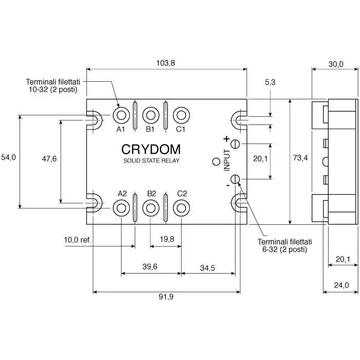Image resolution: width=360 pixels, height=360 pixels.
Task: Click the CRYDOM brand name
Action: pyautogui.click(x=151, y=149)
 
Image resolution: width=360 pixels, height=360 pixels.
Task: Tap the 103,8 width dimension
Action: pyautogui.click(x=166, y=63)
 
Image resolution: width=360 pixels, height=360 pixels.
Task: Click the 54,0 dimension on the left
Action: pyautogui.click(x=9, y=158)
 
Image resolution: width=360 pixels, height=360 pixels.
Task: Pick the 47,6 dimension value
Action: pyautogui.click(x=49, y=158)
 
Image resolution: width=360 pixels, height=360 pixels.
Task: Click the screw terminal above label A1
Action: pyautogui.click(x=121, y=114)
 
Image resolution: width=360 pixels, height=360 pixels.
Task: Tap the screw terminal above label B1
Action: pyautogui.click(x=151, y=114)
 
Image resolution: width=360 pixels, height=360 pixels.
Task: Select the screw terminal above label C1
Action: pyautogui.click(x=181, y=114)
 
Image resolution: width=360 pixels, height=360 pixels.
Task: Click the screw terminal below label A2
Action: pyautogui.click(x=121, y=207)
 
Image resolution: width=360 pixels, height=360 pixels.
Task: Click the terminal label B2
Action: pyautogui.click(x=151, y=193)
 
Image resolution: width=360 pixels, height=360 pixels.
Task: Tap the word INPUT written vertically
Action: pyautogui.click(x=226, y=160)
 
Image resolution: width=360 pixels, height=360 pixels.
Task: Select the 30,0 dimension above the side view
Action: pyautogui.click(x=335, y=64)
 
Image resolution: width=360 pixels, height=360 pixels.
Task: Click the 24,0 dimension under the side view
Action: pyautogui.click(x=341, y=285)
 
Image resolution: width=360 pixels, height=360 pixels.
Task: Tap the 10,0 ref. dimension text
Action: pyautogui.click(x=77, y=240)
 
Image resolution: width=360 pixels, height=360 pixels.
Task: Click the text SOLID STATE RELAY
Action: pyautogui.click(x=151, y=161)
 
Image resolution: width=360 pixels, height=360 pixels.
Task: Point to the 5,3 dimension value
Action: pyautogui.click(x=270, y=82)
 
